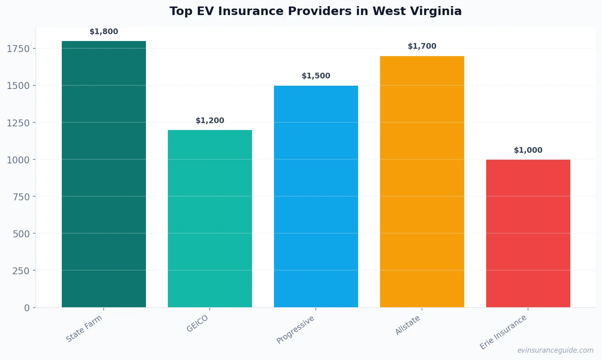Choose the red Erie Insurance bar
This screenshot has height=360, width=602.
[528, 233]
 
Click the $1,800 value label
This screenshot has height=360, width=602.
[104, 32]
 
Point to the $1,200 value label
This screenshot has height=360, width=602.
[210, 121]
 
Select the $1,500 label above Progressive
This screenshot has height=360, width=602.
[316, 76]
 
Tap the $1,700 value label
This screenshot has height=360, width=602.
[422, 46]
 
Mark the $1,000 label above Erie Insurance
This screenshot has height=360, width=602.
[528, 150]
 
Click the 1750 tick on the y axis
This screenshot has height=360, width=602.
[18, 49]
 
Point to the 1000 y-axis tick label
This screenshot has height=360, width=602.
[18, 160]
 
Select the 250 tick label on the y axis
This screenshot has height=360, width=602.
[21, 271]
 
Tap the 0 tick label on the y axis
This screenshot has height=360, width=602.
[27, 308]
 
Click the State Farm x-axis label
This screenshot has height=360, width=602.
[84, 329]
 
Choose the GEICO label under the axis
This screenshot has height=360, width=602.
[198, 324]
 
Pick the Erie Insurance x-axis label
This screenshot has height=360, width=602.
[503, 332]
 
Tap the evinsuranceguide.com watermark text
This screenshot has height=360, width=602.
[555, 350]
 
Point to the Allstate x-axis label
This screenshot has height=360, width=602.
[408, 325]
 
